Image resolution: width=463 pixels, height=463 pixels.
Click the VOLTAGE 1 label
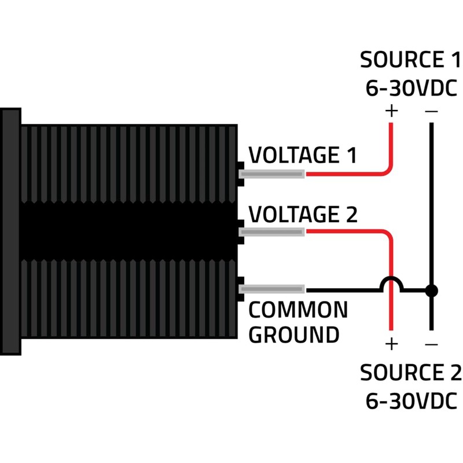click(302, 156)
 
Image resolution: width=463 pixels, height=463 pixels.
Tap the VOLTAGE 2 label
click(303, 215)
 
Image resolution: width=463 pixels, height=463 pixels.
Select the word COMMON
click(298, 311)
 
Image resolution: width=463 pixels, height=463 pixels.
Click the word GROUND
click(293, 335)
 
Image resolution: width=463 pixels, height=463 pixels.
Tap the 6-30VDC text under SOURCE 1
click(411, 88)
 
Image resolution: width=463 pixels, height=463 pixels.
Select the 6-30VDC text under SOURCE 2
click(411, 400)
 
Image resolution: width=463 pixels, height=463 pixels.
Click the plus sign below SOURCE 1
click(392, 110)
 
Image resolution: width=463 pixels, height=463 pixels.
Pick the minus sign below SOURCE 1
click(431, 110)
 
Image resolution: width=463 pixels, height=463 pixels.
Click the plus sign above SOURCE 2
click(392, 344)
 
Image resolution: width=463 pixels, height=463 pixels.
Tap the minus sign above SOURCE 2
click(431, 344)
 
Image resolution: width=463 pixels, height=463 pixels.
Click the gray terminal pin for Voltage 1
click(272, 174)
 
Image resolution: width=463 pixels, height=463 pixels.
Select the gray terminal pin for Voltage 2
click(272, 232)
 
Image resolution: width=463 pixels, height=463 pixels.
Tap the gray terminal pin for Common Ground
click(272, 289)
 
